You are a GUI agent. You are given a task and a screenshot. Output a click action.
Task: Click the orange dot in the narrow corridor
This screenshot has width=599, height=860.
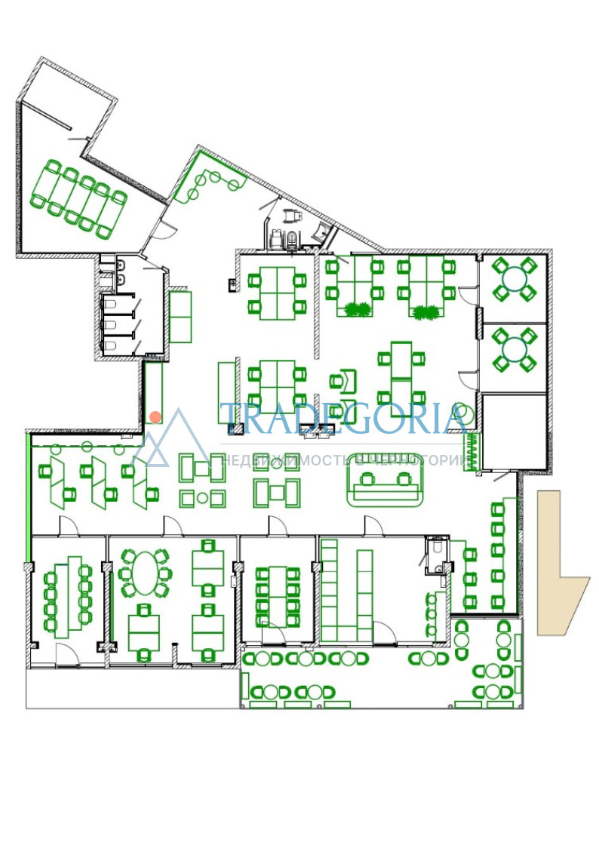tap(155, 417)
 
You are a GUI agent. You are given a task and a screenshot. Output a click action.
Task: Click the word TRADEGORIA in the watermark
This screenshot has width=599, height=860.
tap(345, 419)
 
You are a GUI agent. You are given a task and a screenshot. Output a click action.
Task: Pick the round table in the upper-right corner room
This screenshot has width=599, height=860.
tap(514, 279)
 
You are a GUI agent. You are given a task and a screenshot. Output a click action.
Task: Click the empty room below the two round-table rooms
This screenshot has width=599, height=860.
tap(514, 431)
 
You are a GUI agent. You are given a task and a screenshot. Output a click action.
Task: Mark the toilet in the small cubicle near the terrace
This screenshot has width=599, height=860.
tap(437, 548)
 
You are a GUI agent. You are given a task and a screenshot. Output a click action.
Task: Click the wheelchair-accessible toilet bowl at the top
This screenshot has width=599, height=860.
tap(293, 238)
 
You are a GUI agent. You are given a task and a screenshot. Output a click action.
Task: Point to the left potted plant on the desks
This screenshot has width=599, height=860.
tap(358, 310)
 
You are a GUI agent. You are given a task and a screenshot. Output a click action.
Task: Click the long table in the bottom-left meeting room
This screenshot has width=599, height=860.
tap(68, 597)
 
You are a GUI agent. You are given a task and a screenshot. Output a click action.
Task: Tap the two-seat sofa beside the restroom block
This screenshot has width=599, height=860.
tap(180, 317)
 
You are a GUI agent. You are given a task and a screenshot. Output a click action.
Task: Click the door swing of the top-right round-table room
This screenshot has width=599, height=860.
tap(465, 294)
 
